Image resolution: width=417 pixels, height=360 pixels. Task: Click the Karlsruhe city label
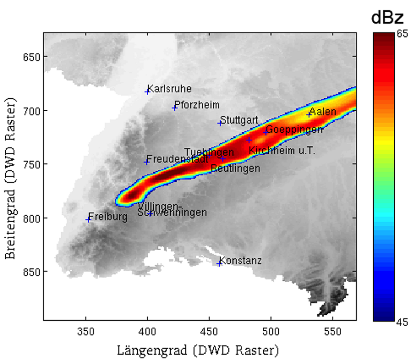click(169, 89)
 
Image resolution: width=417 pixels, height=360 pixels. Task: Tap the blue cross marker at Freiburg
click(88, 220)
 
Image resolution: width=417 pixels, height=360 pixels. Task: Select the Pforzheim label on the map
click(197, 105)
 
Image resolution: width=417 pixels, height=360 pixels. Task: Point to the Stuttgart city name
click(239, 120)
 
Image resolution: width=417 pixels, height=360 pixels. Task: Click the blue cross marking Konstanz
click(219, 263)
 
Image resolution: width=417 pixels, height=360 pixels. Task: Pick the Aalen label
click(323, 112)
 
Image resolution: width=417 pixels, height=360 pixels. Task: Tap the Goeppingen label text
click(294, 129)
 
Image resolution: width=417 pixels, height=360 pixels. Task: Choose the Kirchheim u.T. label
click(282, 150)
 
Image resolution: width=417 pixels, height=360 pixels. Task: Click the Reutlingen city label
click(235, 168)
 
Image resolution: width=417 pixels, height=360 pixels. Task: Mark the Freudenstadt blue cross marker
click(147, 162)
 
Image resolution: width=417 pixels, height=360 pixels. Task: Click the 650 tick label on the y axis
click(31, 57)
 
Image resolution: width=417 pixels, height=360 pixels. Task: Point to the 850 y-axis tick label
click(31, 272)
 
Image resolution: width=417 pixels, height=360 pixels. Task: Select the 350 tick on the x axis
click(86, 331)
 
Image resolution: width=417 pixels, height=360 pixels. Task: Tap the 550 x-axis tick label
click(332, 331)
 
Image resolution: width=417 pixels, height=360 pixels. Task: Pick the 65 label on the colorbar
click(402, 34)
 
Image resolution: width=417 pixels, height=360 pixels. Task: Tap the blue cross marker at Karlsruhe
click(147, 92)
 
